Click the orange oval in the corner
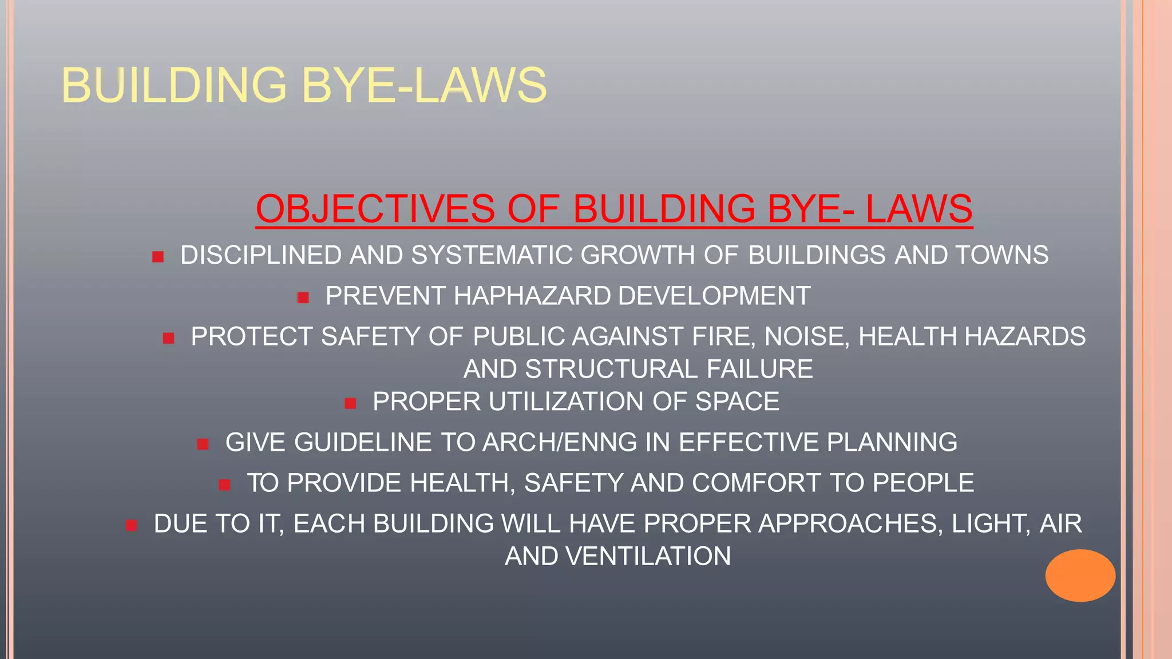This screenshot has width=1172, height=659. pos(1080,575)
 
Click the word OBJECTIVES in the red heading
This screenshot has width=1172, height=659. pos(375,209)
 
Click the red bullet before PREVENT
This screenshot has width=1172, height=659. pos(303,297)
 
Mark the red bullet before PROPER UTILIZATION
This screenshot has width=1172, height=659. pos(351,404)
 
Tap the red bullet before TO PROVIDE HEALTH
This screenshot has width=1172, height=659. pos(224,485)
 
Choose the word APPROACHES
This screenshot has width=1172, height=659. pos(850,524)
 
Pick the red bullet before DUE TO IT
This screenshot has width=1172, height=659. pos(132,526)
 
